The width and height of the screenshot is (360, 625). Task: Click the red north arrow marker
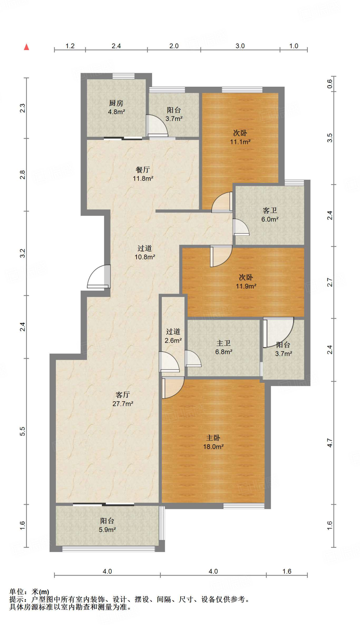[27, 47]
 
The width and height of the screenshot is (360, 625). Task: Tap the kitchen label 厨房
[116, 103]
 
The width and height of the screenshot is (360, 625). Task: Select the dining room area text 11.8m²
[143, 178]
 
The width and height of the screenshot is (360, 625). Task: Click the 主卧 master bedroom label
[213, 438]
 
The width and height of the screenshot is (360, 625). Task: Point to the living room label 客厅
[123, 395]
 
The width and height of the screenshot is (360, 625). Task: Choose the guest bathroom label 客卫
[270, 211]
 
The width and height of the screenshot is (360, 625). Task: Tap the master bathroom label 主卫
[224, 343]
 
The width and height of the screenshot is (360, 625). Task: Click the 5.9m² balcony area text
[107, 530]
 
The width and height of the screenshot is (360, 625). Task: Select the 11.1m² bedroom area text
[240, 142]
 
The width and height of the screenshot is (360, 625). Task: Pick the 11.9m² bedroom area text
[246, 286]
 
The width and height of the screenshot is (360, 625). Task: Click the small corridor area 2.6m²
[173, 340]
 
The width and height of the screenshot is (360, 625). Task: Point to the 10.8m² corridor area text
[145, 257]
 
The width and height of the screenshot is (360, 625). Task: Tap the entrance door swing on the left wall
[98, 276]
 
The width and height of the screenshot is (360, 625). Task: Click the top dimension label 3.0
[240, 46]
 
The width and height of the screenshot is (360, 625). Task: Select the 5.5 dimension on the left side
[23, 431]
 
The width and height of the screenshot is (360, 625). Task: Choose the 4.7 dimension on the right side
[329, 443]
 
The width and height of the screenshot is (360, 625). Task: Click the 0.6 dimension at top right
[329, 84]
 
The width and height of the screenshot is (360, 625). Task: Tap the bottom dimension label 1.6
[287, 571]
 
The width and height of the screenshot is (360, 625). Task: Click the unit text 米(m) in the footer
[40, 592]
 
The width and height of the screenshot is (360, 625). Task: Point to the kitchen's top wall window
[123, 76]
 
